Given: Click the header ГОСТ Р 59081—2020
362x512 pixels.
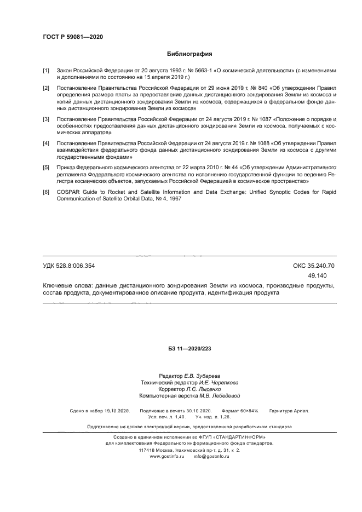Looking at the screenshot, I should (x=73, y=37).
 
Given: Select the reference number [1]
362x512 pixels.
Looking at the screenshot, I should (x=46, y=71).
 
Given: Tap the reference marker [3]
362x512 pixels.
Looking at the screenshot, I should (x=46, y=119).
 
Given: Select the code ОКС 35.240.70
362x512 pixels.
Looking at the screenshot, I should (x=314, y=266).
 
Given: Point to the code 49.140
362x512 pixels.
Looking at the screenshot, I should (x=318, y=275).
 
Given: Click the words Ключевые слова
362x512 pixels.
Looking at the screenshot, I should (x=67, y=285).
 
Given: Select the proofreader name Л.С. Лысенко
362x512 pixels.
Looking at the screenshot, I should (x=203, y=389).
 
